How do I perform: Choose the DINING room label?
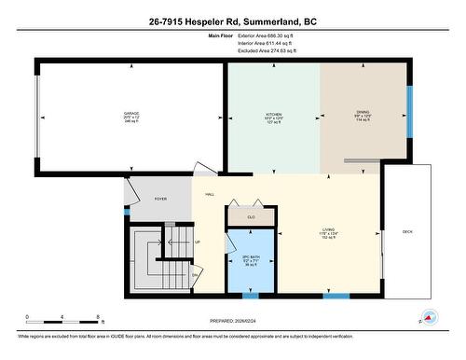point(363,112)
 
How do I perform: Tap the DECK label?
point(407,231)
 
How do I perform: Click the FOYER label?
point(160,199)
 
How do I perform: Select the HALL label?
point(211,194)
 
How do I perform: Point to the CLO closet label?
point(251,217)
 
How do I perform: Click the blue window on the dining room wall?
point(408,112)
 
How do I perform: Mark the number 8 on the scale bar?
point(99,318)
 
